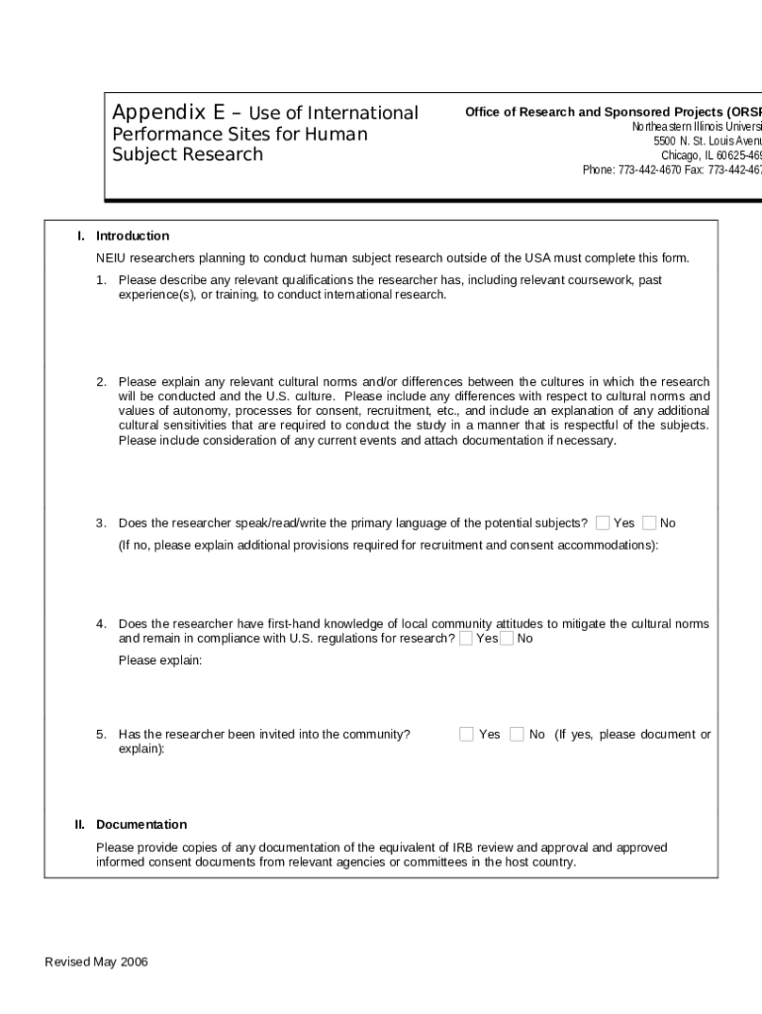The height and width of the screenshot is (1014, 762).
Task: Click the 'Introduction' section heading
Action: click(133, 236)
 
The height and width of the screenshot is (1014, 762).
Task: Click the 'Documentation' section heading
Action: click(142, 824)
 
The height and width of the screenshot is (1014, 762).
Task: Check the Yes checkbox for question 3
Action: click(603, 523)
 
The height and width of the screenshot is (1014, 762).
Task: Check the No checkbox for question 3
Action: click(649, 523)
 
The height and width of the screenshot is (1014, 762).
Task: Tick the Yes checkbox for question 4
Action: click(466, 639)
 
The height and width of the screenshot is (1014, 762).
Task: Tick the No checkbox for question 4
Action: click(507, 639)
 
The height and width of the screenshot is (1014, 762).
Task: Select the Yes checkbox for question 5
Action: click(466, 734)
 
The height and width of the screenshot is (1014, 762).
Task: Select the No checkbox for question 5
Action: click(517, 734)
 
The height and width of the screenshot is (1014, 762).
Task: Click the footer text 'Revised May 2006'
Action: click(97, 962)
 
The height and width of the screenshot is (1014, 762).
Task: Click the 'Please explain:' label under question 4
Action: click(160, 660)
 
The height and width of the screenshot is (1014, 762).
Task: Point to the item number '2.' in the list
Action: click(101, 381)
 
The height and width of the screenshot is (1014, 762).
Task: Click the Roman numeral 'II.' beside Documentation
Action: click(80, 824)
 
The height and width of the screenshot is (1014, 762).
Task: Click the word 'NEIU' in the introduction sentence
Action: click(112, 257)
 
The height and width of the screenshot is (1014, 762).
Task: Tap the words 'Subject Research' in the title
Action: click(188, 154)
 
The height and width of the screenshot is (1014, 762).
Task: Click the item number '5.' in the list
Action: click(101, 734)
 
